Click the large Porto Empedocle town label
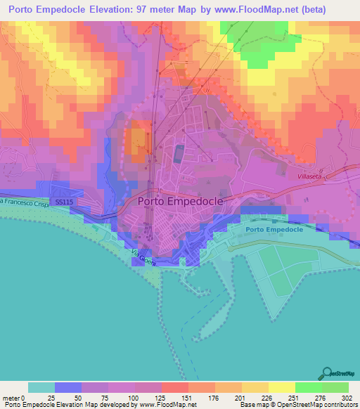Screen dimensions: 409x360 [181, 201]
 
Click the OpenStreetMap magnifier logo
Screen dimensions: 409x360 [328, 372]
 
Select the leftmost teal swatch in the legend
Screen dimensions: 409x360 [41, 387]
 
